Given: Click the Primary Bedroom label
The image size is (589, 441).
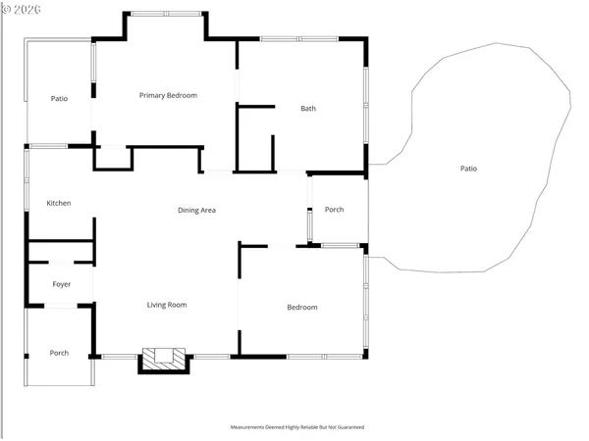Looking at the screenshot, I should pyautogui.click(x=168, y=95).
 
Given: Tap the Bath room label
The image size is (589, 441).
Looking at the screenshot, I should pyautogui.click(x=307, y=109).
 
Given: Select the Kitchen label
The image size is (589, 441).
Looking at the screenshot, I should pyautogui.click(x=59, y=203).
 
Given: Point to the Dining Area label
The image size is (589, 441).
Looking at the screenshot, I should pyautogui.click(x=196, y=210).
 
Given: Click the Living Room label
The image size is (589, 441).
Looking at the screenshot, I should pyautogui.click(x=167, y=305).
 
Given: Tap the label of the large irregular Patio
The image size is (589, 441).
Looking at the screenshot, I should pyautogui.click(x=468, y=169).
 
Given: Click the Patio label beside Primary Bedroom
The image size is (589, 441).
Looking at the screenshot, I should pyautogui.click(x=59, y=98).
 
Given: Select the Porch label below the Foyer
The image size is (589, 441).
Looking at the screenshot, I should pyautogui.click(x=59, y=353).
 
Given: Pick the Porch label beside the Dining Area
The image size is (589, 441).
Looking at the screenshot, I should pyautogui.click(x=334, y=210).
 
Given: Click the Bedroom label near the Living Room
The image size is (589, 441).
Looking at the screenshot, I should pyautogui.click(x=301, y=307).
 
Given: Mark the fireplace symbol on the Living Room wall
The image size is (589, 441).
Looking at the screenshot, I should pyautogui.click(x=164, y=358).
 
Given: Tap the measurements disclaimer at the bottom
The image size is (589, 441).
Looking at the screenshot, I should pyautogui.click(x=296, y=427).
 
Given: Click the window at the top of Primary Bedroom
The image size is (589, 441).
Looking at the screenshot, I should pyautogui.click(x=166, y=14).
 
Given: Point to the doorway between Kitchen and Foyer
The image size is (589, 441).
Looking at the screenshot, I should pyautogui.click(x=61, y=263).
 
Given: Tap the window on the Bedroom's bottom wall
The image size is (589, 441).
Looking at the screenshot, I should pyautogui.click(x=324, y=356).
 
